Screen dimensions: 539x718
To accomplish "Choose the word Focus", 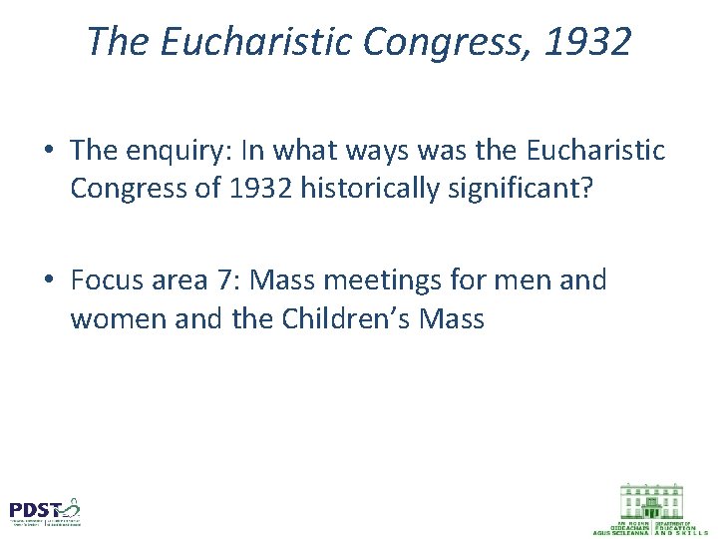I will tap(105, 280).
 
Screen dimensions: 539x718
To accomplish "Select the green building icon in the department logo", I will tap(651, 499).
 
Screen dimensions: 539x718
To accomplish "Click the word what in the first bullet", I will tap(317, 150).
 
